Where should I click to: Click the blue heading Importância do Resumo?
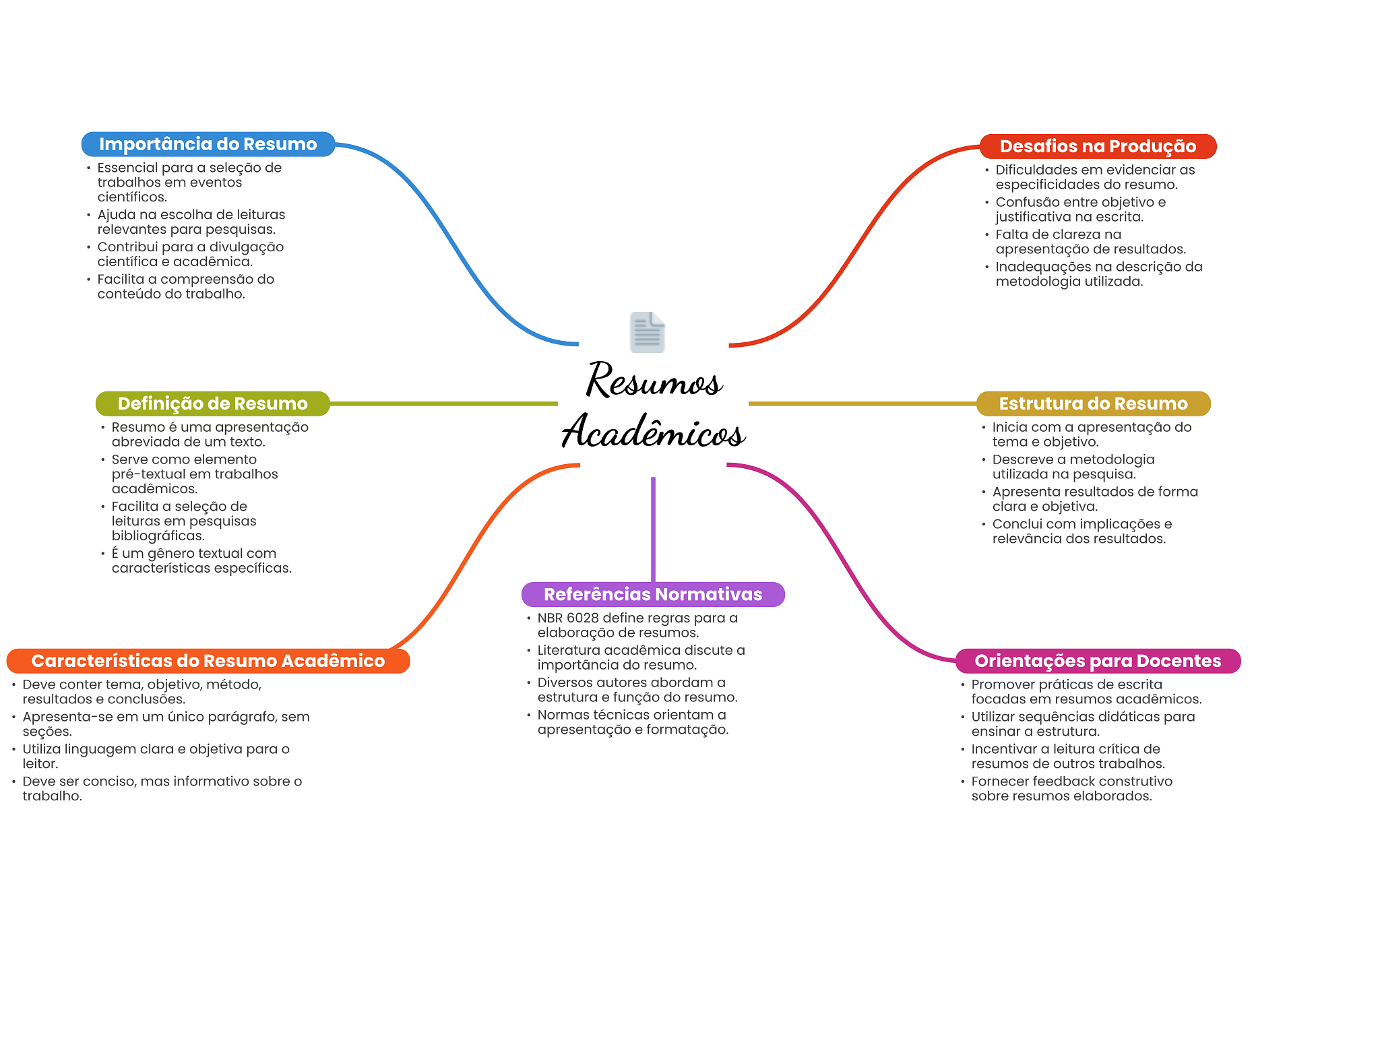(208, 144)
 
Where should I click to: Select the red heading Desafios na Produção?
(1098, 146)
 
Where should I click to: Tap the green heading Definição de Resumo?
(212, 404)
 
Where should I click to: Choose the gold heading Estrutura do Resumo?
(1093, 404)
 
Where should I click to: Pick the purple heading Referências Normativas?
(653, 594)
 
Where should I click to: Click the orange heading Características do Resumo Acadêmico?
(208, 661)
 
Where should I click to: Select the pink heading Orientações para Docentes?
(1098, 661)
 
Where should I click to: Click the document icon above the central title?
(648, 332)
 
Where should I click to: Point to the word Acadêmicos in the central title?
(654, 431)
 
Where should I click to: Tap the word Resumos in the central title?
(654, 381)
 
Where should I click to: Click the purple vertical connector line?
(653, 529)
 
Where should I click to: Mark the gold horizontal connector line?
(862, 404)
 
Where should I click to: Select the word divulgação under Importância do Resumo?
(247, 247)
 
